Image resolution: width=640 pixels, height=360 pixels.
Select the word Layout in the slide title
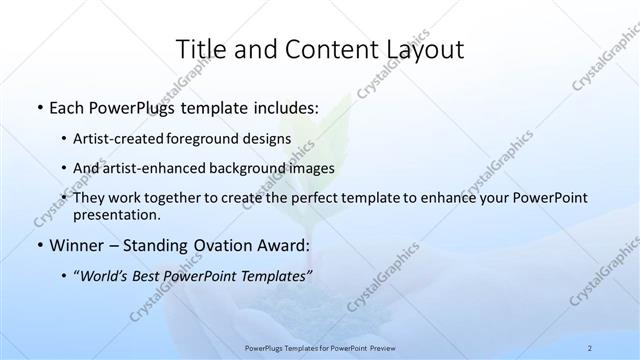coord(420,49)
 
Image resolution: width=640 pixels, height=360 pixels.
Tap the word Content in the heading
coord(324,49)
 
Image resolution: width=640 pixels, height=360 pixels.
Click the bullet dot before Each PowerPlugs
coord(38,105)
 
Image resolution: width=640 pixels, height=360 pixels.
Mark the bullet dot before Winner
coord(38,245)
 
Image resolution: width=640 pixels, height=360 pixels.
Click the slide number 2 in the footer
coord(592,348)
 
